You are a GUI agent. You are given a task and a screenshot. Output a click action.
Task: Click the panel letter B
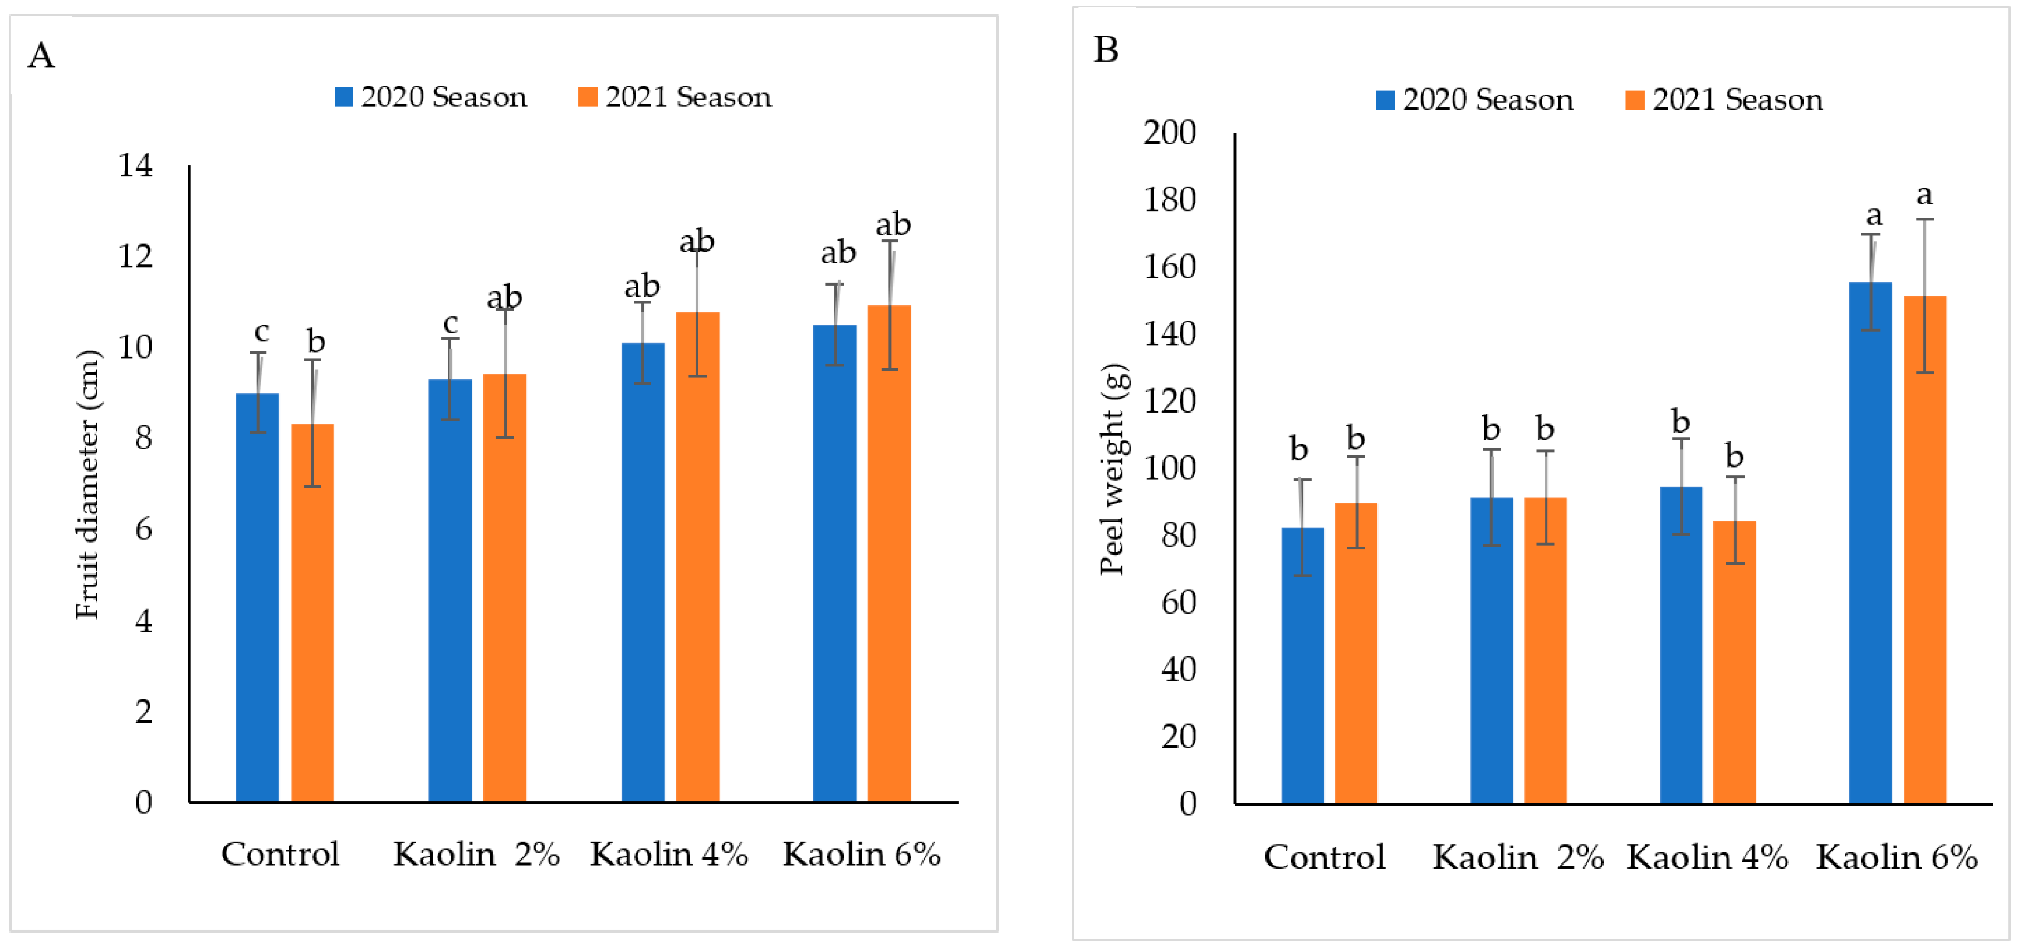[x=1105, y=50]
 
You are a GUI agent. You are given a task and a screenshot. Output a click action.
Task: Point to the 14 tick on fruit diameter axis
[x=135, y=165]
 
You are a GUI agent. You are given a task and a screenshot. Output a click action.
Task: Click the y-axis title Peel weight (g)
[x=1112, y=469]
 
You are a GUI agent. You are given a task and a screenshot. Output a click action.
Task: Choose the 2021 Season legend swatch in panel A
[x=587, y=97]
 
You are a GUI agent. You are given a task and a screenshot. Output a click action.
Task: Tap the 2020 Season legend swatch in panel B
[x=1385, y=100]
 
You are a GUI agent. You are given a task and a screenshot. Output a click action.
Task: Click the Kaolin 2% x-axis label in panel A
[x=476, y=854]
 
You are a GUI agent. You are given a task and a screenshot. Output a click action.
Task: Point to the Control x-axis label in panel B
[x=1324, y=857]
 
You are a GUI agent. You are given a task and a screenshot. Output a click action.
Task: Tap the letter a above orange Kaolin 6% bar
[x=1923, y=194]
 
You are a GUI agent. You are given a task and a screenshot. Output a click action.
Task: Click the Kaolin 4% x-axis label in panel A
[x=669, y=854]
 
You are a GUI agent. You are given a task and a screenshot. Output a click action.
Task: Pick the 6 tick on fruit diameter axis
[x=143, y=529]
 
